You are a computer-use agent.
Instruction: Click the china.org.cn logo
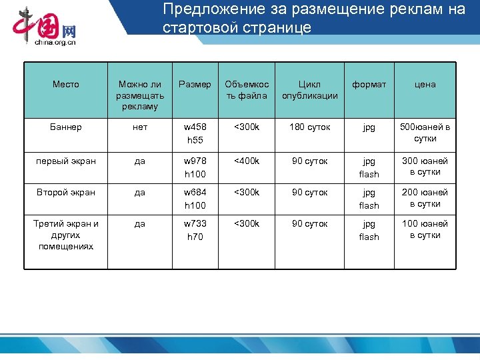pyautogui.click(x=45, y=27)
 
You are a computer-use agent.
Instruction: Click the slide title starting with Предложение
pyautogui.click(x=313, y=19)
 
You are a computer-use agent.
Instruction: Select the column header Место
pyautogui.click(x=65, y=85)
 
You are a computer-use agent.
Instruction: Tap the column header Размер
pyautogui.click(x=195, y=85)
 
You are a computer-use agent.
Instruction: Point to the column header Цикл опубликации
pyautogui.click(x=309, y=90)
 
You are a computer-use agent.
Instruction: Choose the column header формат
pyautogui.click(x=369, y=85)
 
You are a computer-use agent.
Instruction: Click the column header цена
pyautogui.click(x=425, y=85)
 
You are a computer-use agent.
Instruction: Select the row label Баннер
pyautogui.click(x=65, y=127)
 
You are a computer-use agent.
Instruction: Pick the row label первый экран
pyautogui.click(x=65, y=161)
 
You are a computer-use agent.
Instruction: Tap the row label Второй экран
pyautogui.click(x=65, y=192)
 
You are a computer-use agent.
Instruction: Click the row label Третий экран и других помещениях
pyautogui.click(x=65, y=235)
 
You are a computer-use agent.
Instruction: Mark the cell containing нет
pyautogui.click(x=140, y=127)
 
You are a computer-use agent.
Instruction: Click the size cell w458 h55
pyautogui.click(x=195, y=133)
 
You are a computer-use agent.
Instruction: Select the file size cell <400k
pyautogui.click(x=247, y=161)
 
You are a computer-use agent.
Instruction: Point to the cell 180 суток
pyautogui.click(x=309, y=127)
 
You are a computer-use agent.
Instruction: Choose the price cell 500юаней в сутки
pyautogui.click(x=425, y=133)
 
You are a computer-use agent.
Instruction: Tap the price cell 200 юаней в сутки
pyautogui.click(x=425, y=198)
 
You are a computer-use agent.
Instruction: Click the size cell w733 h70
pyautogui.click(x=195, y=230)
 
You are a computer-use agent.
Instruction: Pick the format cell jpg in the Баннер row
pyautogui.click(x=369, y=127)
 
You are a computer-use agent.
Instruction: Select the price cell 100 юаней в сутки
pyautogui.click(x=425, y=229)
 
